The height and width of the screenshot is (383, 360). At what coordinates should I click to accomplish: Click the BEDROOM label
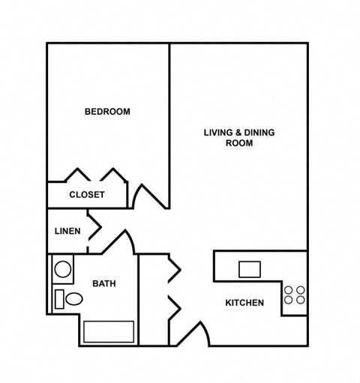[x=107, y=112]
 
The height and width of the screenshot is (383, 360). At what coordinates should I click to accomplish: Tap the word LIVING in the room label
[x=218, y=133]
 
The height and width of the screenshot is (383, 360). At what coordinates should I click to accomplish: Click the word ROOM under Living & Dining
[x=239, y=143]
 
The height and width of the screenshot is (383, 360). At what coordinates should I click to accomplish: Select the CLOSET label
[x=87, y=195]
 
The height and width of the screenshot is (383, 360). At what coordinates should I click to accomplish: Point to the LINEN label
[x=67, y=231]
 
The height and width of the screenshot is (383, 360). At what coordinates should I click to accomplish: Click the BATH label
[x=103, y=283]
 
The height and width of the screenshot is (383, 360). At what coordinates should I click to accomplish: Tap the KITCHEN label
[x=244, y=303]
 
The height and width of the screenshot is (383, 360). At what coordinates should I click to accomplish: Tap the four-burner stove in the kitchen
[x=295, y=295]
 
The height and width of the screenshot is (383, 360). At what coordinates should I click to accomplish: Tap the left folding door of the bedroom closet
[x=78, y=175]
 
